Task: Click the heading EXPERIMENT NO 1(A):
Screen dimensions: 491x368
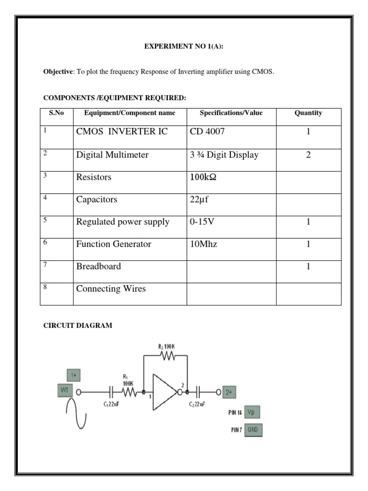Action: click(x=184, y=47)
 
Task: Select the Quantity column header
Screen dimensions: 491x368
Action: click(x=309, y=113)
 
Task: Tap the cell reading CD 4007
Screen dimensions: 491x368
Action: click(x=207, y=132)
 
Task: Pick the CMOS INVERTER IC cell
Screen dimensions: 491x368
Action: click(x=122, y=132)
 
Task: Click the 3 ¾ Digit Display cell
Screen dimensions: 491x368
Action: click(x=224, y=155)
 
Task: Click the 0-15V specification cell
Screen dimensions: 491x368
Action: click(x=203, y=222)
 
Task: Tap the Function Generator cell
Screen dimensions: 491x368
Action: click(x=114, y=244)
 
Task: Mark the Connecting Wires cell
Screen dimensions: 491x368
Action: click(x=111, y=289)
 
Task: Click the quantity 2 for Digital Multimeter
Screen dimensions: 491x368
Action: click(x=309, y=155)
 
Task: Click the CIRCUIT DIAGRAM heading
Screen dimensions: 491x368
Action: click(x=78, y=326)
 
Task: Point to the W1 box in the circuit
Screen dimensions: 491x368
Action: click(x=65, y=390)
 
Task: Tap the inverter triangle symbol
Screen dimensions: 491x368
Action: click(x=164, y=392)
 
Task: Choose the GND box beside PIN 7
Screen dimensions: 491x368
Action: click(x=253, y=430)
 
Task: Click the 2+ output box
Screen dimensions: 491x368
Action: click(x=229, y=392)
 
